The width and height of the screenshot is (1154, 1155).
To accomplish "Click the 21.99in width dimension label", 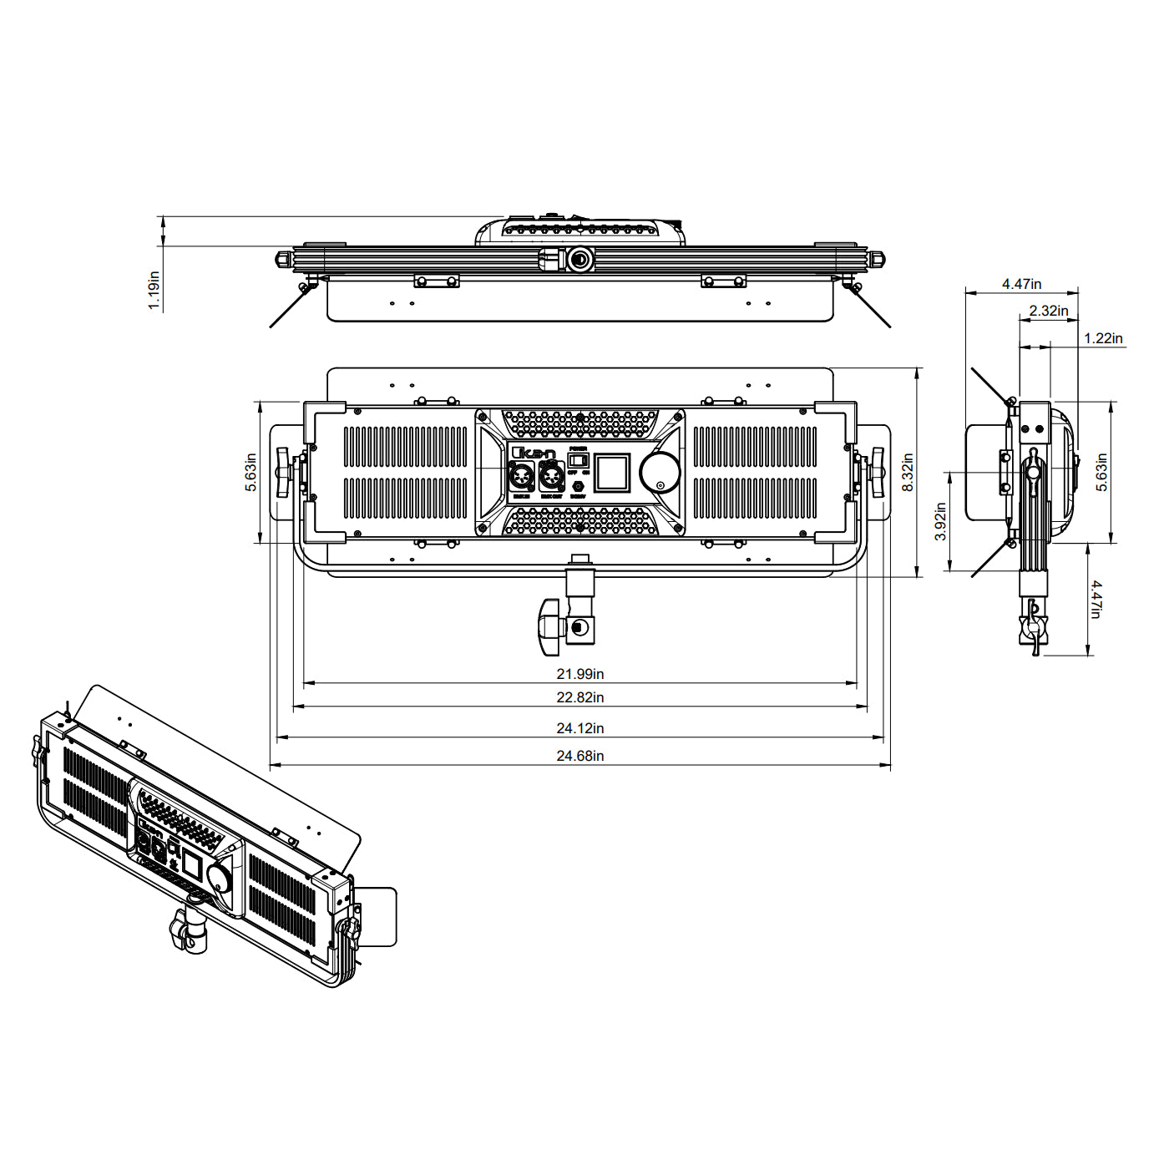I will coord(580,674).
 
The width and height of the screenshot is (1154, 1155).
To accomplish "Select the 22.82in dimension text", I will coord(580,697).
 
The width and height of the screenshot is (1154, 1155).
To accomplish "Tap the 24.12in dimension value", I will coord(580,728).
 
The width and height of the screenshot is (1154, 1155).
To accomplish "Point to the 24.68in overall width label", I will coord(580,756).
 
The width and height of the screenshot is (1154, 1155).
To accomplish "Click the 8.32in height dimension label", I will coord(908,473).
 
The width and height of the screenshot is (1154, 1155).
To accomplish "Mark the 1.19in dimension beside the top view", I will coord(154,290).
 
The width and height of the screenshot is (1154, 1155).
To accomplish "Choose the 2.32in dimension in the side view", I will coord(1048,311).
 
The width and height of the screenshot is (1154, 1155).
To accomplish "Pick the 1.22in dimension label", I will coord(1103,338).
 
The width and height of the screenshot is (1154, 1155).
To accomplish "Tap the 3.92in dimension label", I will coord(940,521).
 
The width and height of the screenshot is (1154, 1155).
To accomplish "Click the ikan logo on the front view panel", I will coord(533,453).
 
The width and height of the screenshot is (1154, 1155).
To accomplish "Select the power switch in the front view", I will coord(579,460).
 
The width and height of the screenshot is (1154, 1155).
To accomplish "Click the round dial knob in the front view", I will coord(660,473).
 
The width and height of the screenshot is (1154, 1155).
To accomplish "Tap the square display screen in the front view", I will coord(612,473).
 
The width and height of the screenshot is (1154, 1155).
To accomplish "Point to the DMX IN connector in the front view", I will coord(522,479).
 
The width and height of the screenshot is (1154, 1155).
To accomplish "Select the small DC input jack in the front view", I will coord(578,487).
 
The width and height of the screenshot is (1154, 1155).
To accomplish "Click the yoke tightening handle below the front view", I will coord(548,626).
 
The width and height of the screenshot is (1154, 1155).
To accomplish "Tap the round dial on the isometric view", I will coord(220,878).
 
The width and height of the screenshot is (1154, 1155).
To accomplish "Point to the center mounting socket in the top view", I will coord(579,260).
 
